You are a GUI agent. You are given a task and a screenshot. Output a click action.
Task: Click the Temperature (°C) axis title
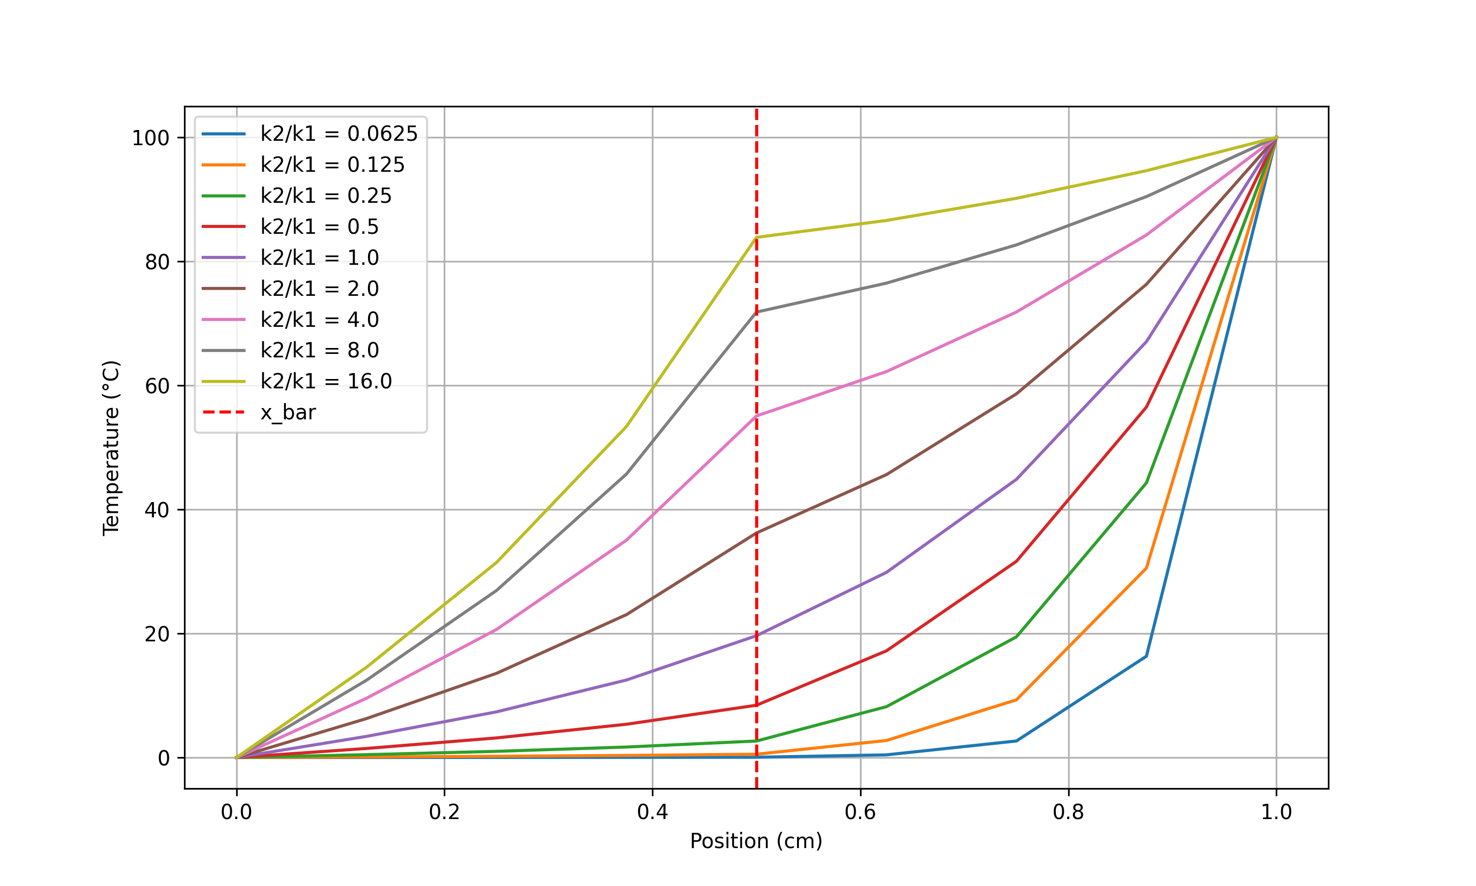point(112,448)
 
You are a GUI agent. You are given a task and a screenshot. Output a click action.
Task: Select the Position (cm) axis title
point(756,841)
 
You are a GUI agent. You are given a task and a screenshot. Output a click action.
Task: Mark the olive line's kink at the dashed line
point(757,237)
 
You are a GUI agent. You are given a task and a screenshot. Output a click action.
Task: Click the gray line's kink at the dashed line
point(757,312)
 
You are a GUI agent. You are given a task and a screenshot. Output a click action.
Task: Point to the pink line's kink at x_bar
point(757,415)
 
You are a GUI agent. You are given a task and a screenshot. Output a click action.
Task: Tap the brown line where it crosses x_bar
point(757,533)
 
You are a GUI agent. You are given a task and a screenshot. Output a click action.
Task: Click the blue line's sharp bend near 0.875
point(1146,656)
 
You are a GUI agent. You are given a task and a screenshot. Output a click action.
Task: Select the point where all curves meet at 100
point(1276,138)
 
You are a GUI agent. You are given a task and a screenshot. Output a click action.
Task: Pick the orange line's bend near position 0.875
point(1146,568)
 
